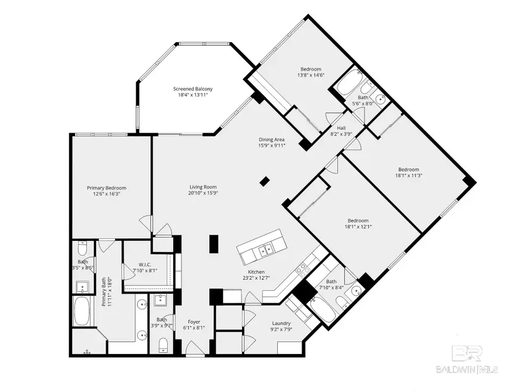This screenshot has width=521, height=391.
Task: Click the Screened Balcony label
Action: (x=193, y=89)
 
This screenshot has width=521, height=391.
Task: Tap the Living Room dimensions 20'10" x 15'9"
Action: (x=203, y=193)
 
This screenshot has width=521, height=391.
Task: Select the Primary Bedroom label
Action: (x=107, y=188)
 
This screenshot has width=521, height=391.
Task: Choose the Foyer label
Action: (x=193, y=323)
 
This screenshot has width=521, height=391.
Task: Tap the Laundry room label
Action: (x=281, y=323)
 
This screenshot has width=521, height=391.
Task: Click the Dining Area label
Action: (x=271, y=140)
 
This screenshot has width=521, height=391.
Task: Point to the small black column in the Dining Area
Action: (x=265, y=181)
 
